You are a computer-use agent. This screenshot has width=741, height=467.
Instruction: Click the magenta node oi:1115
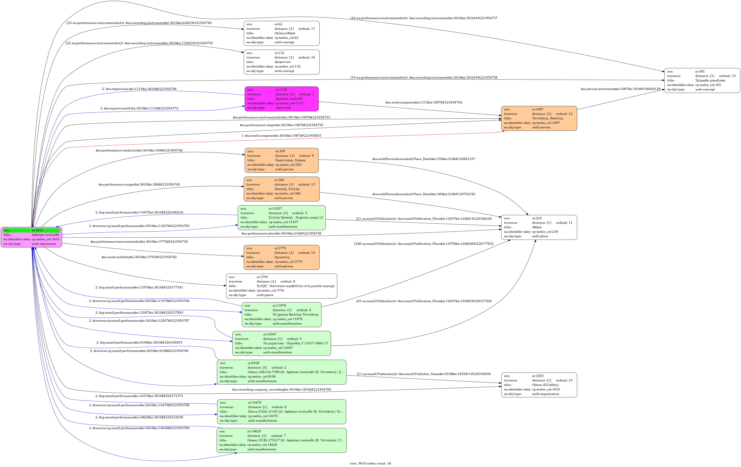pos(282,99)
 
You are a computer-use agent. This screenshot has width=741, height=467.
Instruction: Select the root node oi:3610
pos(31,237)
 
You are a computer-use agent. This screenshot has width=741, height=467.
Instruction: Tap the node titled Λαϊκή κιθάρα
pos(282,33)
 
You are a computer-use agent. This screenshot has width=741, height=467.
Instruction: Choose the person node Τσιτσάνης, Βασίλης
pos(539,118)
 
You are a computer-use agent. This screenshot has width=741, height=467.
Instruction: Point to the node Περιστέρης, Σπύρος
pos(282,160)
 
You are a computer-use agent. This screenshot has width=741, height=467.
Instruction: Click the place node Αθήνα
pos(539,227)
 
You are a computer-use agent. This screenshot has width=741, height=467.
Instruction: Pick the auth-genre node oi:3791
pos(282,286)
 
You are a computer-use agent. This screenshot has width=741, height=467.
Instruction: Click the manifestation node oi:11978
pos(282,314)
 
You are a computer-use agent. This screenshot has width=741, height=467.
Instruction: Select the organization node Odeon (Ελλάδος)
pos(539,385)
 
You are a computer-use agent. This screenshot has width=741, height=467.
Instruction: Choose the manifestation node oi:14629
pos(282,440)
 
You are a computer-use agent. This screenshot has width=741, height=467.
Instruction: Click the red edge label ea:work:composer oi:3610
pos(282,136)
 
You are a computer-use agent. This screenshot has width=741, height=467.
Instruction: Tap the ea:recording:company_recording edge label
pos(282,390)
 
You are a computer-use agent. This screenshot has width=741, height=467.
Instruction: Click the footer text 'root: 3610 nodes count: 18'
pos(370,463)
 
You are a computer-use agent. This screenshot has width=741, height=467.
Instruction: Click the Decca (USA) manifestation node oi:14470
pos(282,412)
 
